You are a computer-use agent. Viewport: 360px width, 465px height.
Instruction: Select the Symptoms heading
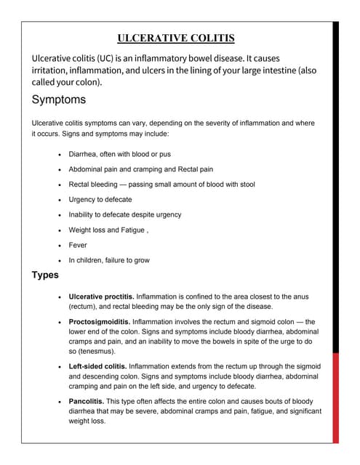[x=59, y=99]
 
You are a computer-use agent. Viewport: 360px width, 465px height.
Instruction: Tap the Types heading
[x=46, y=275]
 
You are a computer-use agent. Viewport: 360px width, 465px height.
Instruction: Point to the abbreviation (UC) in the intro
[x=117, y=58]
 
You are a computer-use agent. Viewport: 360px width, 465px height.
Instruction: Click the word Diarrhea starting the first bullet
[x=84, y=154]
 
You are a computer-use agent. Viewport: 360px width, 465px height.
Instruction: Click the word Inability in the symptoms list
[x=84, y=214]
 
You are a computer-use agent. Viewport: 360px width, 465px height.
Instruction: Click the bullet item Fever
[x=78, y=245]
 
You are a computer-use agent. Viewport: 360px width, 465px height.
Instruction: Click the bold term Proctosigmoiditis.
[x=100, y=320]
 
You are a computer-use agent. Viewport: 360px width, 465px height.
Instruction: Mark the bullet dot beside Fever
[x=58, y=246]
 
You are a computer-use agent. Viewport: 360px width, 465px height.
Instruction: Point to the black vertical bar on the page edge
[x=335, y=182]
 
